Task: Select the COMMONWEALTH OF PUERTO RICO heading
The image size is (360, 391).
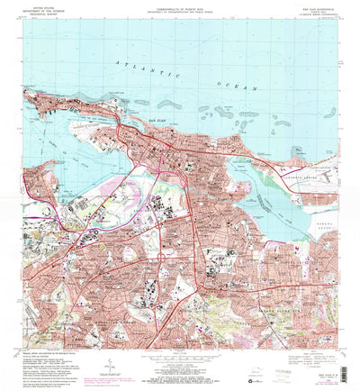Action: [180, 5]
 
